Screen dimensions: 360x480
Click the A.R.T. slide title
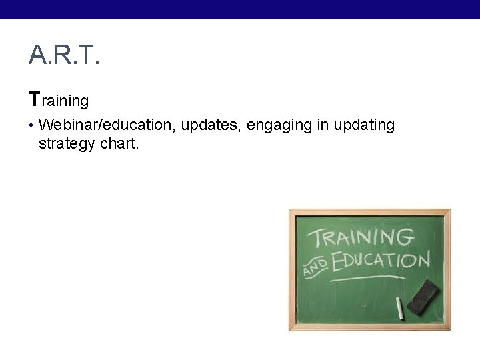tap(64, 56)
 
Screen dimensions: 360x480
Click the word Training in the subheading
tap(59, 101)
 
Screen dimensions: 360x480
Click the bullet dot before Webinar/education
tap(31, 125)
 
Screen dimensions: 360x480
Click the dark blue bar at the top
tap(240, 9)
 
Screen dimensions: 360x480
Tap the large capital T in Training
tap(34, 100)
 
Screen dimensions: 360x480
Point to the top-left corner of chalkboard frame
tap(291, 211)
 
